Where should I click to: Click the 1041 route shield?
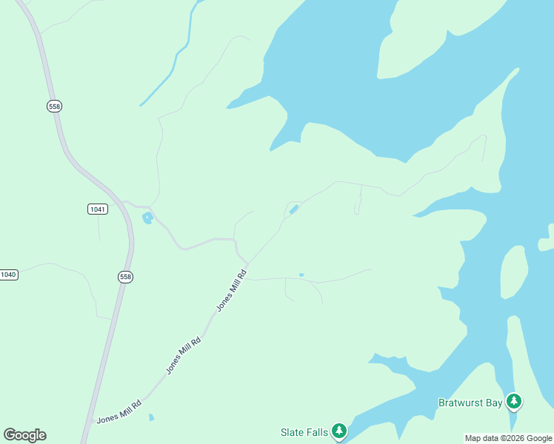[97, 209]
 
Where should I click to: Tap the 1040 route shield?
[7, 275]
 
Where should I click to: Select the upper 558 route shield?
[54, 107]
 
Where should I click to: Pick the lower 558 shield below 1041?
[125, 277]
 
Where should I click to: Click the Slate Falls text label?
[304, 432]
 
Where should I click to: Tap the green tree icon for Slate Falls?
[339, 430]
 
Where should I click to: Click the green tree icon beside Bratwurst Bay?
[514, 402]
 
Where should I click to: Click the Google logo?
[24, 435]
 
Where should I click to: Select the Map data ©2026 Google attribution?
[508, 438]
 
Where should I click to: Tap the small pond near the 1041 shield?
[147, 218]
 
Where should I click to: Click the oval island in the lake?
[514, 272]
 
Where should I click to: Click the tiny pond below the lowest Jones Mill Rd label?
[151, 418]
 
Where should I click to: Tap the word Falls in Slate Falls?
[316, 432]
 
